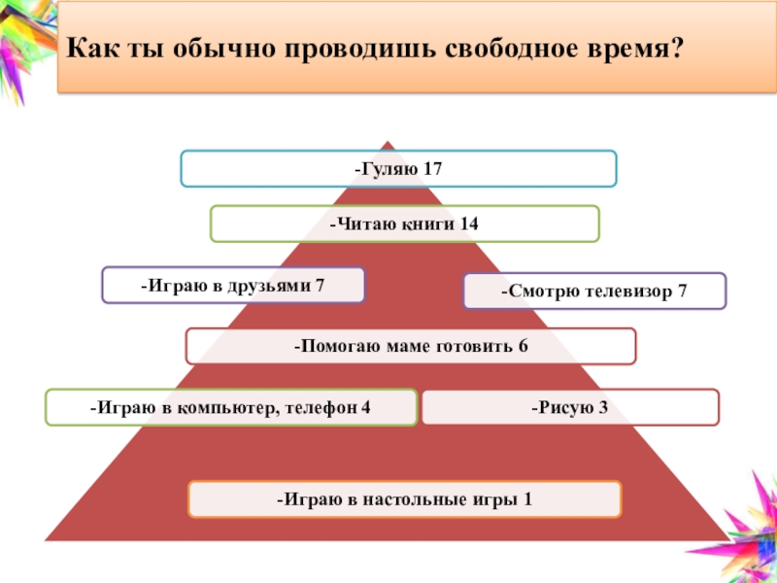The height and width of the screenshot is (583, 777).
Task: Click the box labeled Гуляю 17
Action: (398, 168)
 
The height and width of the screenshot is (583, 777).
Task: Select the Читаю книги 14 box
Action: (405, 223)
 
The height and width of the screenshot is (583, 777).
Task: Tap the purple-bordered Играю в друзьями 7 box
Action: (233, 286)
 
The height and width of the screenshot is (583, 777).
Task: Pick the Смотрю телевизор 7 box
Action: (594, 291)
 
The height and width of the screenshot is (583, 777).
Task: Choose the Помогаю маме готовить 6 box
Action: (411, 346)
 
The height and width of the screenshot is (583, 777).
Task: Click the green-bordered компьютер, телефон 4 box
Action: (231, 407)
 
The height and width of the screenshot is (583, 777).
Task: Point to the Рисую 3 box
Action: (570, 407)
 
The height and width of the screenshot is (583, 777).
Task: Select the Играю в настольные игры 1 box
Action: (404, 499)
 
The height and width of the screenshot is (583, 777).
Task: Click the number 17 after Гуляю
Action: (432, 168)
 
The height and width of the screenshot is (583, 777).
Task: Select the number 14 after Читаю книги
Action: (469, 223)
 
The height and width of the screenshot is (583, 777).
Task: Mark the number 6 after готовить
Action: (523, 346)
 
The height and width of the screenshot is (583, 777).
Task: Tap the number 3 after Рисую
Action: (602, 407)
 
